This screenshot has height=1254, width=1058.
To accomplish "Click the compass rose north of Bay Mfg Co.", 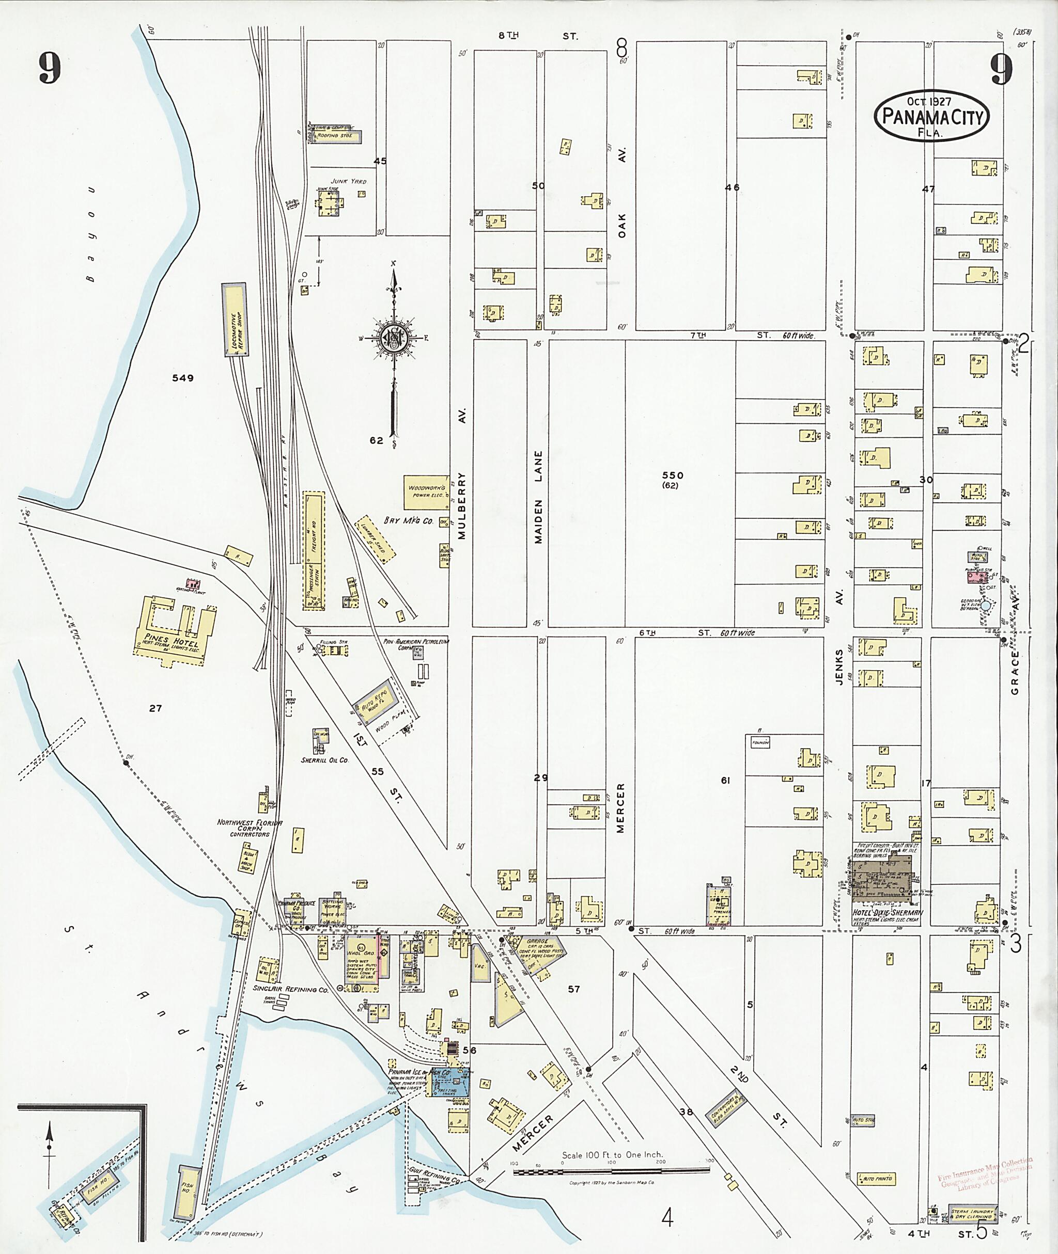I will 394,339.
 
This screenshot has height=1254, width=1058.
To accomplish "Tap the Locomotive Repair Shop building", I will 235,320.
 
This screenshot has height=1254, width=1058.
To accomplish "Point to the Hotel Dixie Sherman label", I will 888,913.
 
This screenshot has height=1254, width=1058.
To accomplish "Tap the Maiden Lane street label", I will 539,498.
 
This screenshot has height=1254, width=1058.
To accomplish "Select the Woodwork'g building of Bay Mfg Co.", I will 426,492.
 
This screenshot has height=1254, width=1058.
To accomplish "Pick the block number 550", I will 672,475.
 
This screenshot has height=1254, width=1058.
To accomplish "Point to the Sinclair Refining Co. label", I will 290,990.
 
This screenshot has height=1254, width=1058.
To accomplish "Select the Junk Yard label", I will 349,181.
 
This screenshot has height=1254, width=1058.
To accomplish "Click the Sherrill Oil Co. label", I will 324,760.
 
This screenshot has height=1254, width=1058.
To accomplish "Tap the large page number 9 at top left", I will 51,68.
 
